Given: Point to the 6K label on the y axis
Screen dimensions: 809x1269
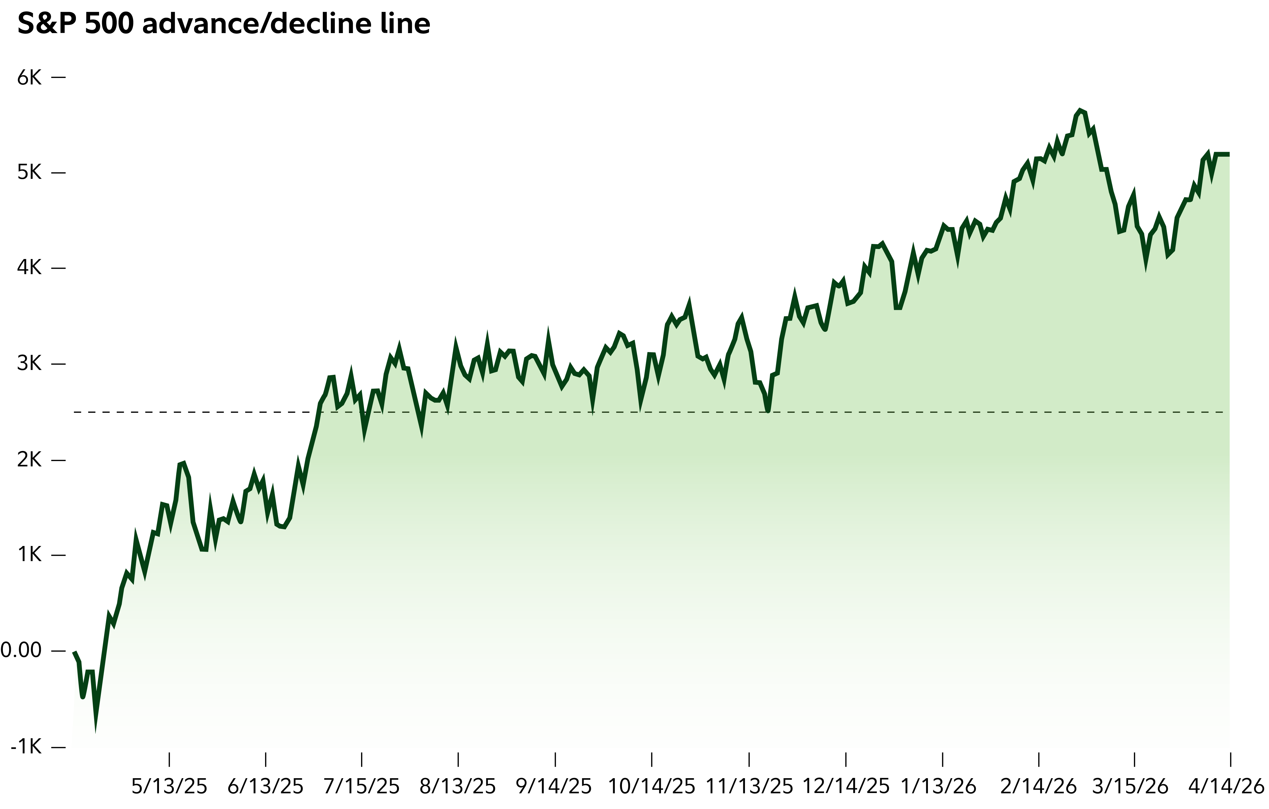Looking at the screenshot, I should tap(29, 78).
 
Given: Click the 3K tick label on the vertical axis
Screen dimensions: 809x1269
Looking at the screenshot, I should tap(29, 364).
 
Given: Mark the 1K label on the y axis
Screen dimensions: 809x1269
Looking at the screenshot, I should tap(29, 555).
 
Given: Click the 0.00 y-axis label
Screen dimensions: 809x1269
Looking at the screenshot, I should tap(21, 651).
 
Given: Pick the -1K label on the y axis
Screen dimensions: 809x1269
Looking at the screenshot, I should tap(25, 747).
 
